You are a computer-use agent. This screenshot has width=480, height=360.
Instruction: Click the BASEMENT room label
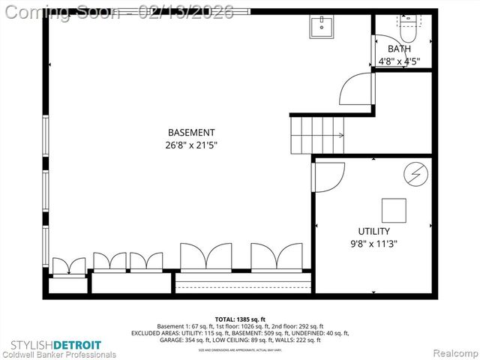point(191,132)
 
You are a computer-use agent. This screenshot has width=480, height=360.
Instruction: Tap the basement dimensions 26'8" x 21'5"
point(191,145)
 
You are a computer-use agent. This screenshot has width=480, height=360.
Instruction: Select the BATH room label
point(399,49)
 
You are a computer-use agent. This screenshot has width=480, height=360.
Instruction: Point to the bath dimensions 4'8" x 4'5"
point(399,61)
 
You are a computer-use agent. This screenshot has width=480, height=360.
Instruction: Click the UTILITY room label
point(373,230)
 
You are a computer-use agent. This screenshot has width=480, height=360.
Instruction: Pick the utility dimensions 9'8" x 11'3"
point(373,243)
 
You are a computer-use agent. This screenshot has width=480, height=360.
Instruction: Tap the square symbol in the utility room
point(394,209)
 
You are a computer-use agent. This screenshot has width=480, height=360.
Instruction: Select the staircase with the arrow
point(316,136)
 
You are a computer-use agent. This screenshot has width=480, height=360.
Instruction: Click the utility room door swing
point(327,176)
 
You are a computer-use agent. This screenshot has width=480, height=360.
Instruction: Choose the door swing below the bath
point(355,90)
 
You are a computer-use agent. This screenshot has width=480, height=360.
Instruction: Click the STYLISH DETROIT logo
point(52,344)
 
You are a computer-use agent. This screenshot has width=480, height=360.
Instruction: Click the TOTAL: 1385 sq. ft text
point(240,319)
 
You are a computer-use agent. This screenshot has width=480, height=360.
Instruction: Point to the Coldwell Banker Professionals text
point(58,354)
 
